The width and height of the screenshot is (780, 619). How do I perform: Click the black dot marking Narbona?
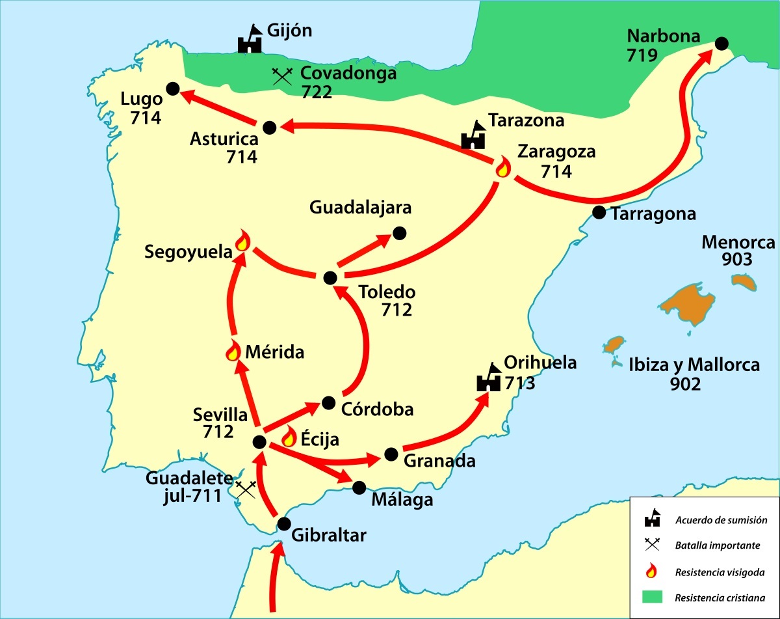click(721, 43)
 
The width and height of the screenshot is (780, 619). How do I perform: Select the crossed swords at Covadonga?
click(281, 76)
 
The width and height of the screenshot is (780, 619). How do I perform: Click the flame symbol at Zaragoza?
click(502, 168)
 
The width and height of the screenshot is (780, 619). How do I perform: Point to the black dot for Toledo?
click(330, 278)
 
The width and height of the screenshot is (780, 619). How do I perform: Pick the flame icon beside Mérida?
click(232, 351)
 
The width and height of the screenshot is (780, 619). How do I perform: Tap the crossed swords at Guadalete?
click(246, 489)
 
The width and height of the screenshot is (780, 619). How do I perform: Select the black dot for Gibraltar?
click(283, 523)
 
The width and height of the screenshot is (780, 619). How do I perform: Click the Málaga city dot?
click(359, 486)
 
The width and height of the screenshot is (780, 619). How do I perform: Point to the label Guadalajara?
click(361, 208)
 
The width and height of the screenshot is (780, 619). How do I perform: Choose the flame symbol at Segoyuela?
click(242, 241)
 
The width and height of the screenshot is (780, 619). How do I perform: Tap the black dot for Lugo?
click(172, 89)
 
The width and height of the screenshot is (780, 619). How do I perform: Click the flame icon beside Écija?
click(288, 436)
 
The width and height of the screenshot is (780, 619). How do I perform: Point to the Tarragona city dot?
click(599, 212)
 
